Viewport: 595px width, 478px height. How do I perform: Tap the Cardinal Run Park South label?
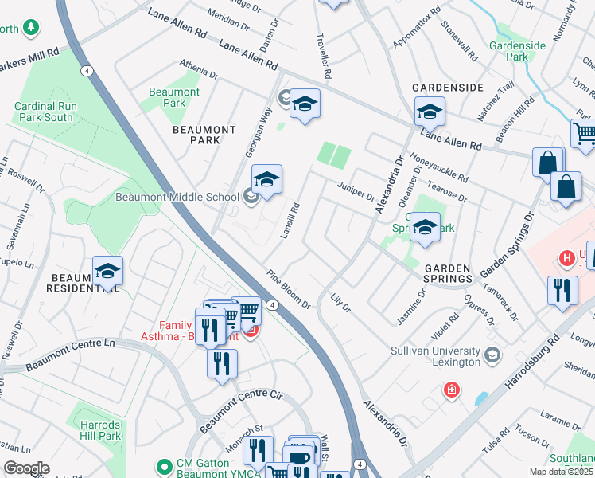44,112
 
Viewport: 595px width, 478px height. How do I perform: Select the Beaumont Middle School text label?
177,197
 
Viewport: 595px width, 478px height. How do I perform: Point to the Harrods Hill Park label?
100,430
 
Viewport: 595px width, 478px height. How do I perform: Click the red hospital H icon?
566,258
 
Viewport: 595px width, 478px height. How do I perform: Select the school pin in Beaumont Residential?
107,270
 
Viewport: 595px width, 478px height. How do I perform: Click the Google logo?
25,468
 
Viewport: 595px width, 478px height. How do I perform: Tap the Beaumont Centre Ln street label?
70,355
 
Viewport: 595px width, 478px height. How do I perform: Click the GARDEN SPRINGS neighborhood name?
448,273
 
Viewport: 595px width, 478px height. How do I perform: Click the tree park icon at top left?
31,29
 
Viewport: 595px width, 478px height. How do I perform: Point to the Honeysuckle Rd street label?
439,167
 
